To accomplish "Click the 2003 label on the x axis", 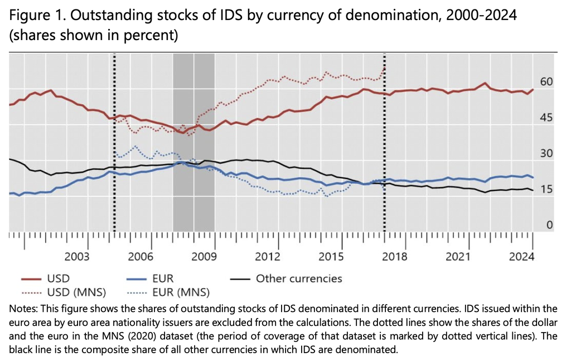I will point(77,257).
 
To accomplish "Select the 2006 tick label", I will point(141,257).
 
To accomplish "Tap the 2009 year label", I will point(204,257).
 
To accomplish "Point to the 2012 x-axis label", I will point(268,257).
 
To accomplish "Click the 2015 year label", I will point(331,257).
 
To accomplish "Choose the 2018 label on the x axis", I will point(395,257).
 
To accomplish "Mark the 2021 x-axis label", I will point(458,257).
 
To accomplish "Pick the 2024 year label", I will point(522,257).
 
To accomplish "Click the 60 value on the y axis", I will point(546,82).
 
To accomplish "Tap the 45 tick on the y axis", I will point(546,118).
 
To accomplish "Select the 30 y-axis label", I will point(546,154).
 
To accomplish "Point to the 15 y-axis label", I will point(546,190).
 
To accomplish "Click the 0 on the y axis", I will point(549,226).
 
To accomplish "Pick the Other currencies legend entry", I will point(298,278).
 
